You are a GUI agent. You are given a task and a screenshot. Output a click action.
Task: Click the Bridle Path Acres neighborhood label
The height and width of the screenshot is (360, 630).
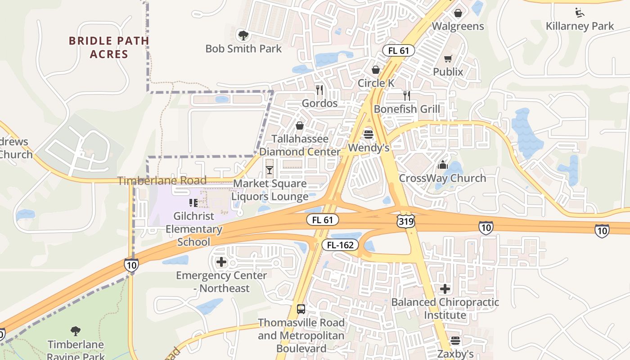tap(109, 47)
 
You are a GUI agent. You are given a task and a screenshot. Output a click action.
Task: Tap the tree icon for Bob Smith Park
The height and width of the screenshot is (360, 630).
tap(243, 35)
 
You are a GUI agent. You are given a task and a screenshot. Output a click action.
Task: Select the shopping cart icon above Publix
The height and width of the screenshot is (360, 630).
tap(448, 59)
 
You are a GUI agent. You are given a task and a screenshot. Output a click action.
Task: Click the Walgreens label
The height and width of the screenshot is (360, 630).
tap(458, 26)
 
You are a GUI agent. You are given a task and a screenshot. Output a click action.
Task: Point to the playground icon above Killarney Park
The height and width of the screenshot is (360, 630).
tap(580, 12)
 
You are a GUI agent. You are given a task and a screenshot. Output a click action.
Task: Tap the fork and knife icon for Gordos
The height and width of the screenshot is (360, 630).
tap(319, 90)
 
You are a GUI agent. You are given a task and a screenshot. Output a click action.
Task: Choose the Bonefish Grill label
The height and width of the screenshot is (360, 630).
tap(407, 109)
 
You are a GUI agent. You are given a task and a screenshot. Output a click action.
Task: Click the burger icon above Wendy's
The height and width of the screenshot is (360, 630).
tap(368, 134)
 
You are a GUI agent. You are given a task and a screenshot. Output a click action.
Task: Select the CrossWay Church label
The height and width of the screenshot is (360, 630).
tap(442, 178)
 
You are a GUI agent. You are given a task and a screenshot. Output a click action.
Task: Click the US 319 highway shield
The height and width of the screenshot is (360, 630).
tap(406, 220)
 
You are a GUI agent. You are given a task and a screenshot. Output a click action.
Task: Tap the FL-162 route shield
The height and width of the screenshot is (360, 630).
tap(340, 245)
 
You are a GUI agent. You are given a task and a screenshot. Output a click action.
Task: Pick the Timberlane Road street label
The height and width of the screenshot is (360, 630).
tap(162, 181)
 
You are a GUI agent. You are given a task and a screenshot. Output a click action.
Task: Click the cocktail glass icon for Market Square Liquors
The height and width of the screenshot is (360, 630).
tap(270, 170)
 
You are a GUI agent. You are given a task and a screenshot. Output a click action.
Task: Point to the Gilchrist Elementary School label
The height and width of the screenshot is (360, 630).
tap(193, 229)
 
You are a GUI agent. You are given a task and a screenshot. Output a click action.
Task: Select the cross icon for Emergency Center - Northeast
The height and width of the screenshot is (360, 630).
tap(221, 262)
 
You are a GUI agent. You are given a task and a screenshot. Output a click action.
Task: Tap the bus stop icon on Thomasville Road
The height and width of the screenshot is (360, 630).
tap(301, 309)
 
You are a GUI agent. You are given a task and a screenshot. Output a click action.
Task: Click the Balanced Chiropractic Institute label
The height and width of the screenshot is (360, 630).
tap(445, 308)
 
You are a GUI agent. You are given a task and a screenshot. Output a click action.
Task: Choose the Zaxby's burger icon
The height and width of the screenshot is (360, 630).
tap(455, 341)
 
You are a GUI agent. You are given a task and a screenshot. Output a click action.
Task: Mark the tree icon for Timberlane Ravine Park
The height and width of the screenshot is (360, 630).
tap(76, 331)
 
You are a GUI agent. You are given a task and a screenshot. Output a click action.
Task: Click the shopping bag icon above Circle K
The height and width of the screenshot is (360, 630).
tap(376, 70)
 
